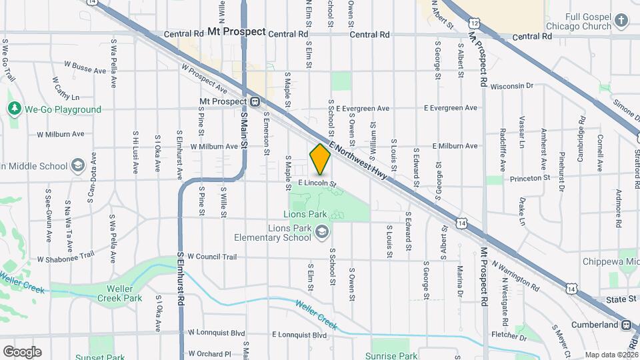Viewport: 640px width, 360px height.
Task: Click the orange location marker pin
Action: click(320, 159)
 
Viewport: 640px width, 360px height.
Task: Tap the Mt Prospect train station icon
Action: click(255, 102)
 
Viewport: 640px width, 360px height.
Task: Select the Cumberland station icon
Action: click(627, 325)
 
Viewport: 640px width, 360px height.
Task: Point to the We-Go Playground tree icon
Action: click(14, 109)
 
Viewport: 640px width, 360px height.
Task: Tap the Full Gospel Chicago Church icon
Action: click(621, 21)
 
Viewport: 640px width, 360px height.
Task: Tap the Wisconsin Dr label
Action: click(512, 86)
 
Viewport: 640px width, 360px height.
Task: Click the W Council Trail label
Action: click(212, 256)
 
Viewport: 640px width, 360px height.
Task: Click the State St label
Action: click(621, 299)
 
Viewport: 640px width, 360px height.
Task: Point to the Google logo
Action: click(22, 351)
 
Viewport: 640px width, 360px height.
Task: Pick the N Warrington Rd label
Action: click(516, 275)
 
